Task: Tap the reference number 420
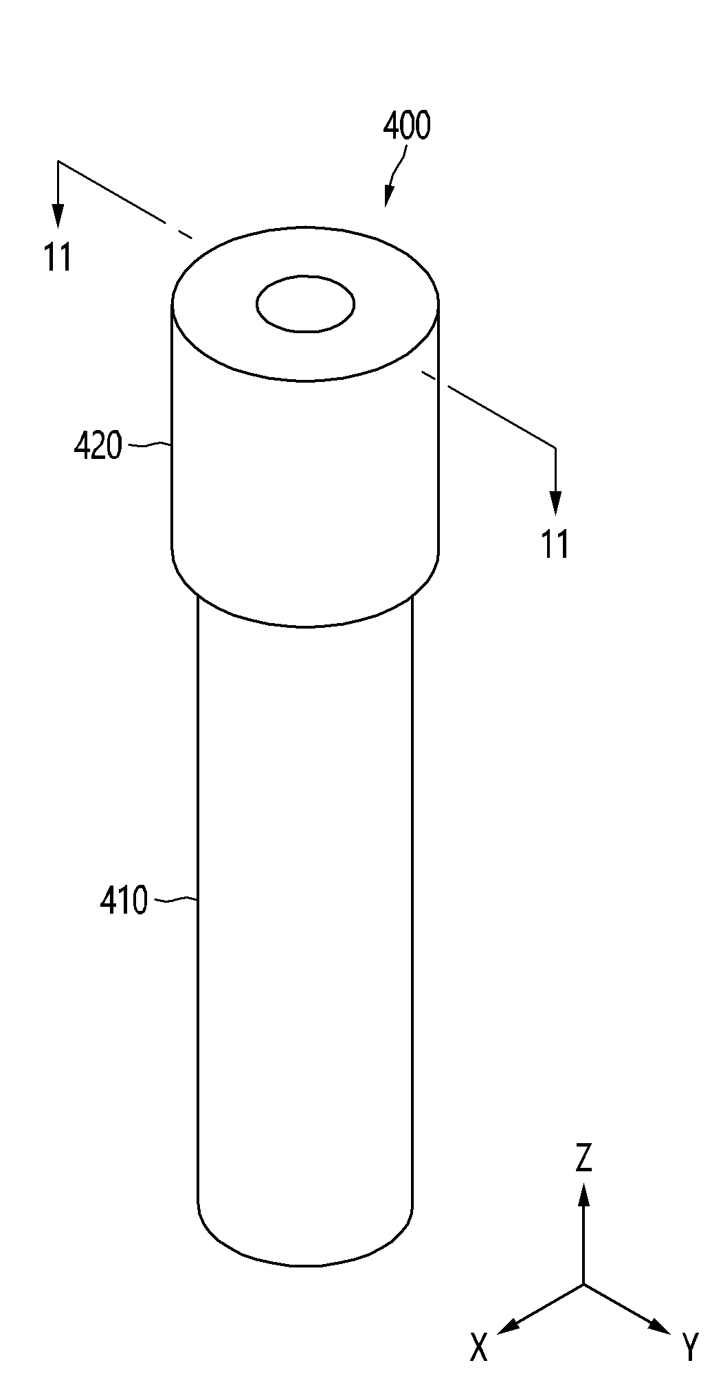click(98, 447)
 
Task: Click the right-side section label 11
click(555, 545)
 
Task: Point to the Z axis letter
click(583, 1158)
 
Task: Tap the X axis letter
click(478, 1347)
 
